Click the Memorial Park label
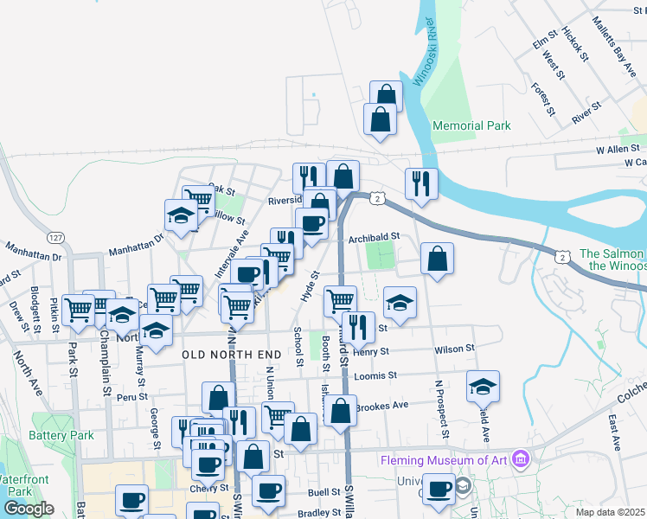[x=471, y=125]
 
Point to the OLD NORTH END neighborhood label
[x=232, y=355]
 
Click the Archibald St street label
[x=374, y=235]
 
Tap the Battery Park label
[x=61, y=435]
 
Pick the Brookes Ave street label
[x=381, y=406]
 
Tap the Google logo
[x=29, y=509]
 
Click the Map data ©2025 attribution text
[x=611, y=512]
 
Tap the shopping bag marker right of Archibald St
[x=438, y=258]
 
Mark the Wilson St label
[x=455, y=349]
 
